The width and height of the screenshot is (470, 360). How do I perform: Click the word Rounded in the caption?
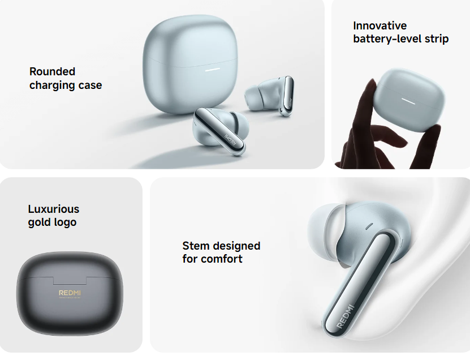[52, 71]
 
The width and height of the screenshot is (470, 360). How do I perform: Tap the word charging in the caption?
[52, 85]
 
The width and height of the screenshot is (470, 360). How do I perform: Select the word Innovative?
[380, 25]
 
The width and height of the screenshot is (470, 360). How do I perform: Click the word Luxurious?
[54, 209]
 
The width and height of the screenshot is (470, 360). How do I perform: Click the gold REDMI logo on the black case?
[70, 293]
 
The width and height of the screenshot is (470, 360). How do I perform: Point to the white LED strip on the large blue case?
[213, 70]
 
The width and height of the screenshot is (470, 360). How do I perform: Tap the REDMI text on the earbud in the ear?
[346, 316]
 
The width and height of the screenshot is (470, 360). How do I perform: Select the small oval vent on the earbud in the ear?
[369, 226]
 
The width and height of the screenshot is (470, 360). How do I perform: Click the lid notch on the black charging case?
[70, 281]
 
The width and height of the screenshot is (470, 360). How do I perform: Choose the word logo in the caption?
[65, 222]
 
